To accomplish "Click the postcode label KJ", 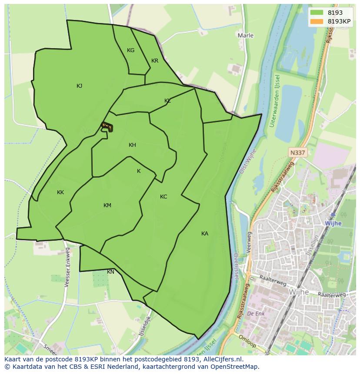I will tap(79, 86).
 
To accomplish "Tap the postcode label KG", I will tap(130, 50).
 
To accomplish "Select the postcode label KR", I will tap(155, 61).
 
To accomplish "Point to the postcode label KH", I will tap(132, 145).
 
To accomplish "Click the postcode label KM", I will tap(107, 205).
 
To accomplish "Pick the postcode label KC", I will tap(163, 197).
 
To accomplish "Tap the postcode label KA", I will tap(205, 234).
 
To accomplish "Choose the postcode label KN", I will tap(111, 272).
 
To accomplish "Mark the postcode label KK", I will tap(60, 192).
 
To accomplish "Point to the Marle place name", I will tap(246, 35).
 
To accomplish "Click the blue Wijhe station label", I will tap(333, 223).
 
